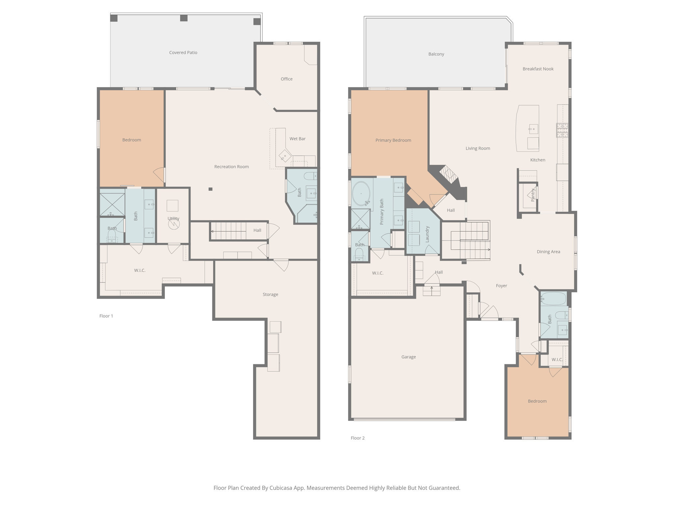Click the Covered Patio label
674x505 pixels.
183,53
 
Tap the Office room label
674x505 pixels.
287,79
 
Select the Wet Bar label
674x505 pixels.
298,139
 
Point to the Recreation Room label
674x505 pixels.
231,167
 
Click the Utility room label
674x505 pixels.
173,219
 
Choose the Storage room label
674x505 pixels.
270,295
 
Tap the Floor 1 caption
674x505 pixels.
106,316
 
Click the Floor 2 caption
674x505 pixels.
358,438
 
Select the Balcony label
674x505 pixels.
436,54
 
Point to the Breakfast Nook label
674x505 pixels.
538,69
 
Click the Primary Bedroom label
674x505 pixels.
393,140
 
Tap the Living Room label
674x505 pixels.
478,149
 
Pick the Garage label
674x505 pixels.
408,357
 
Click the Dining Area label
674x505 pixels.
548,252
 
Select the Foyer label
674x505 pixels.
501,286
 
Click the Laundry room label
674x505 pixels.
427,234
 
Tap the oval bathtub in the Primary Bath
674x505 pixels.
361,193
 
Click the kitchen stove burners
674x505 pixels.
562,130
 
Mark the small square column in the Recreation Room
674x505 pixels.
211,189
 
